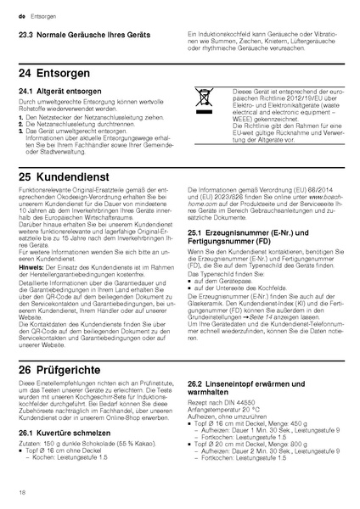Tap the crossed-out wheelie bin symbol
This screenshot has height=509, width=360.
point(205,98)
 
